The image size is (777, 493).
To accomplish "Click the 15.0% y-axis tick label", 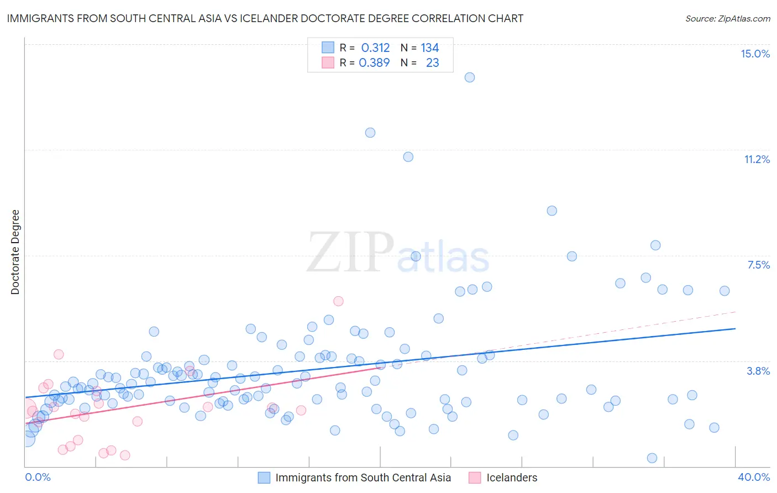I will point(755,54).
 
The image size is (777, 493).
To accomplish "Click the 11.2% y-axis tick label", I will point(757,159).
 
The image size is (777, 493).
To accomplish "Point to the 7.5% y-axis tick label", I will point(758,265).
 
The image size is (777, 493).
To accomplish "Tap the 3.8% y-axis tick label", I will point(758,371).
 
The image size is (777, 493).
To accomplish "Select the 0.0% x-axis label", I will point(38,477).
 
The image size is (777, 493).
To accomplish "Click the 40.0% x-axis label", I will point(753,477).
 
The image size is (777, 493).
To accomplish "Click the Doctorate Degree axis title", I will point(15,252).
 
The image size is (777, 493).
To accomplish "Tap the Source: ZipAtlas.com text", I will point(727,18).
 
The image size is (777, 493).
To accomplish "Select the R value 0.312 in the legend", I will point(375,48).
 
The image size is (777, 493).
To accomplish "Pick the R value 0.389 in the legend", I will point(374,63).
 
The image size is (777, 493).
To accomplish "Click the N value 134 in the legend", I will point(429,48).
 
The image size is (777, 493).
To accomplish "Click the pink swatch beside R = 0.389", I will point(328,63).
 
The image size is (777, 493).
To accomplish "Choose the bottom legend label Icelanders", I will point(511,478).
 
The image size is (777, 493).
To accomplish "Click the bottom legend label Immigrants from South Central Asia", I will point(363,478).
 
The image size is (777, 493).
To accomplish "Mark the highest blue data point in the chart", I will point(470,77).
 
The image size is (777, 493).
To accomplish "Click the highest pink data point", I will point(338,301).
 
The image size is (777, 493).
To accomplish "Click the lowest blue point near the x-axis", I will point(652,458).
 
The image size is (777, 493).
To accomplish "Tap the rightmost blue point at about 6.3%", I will point(725,291).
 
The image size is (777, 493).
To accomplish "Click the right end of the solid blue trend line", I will point(735,328).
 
